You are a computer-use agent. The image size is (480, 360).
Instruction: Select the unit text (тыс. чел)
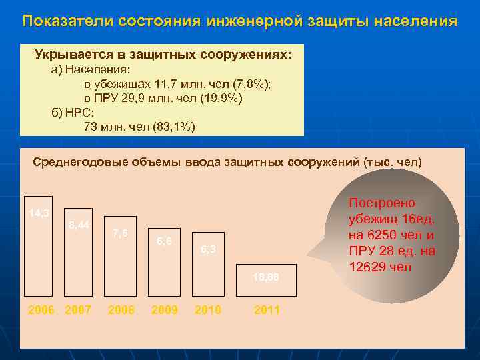pyautogui.click(x=393, y=162)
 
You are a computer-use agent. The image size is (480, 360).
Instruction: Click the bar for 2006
pyautogui.click(x=38, y=247)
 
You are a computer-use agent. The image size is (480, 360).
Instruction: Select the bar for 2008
pyautogui.click(x=120, y=256)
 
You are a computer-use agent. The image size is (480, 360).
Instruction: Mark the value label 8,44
pyautogui.click(x=79, y=225)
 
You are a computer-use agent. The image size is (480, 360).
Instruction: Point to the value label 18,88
pyautogui.click(x=266, y=277)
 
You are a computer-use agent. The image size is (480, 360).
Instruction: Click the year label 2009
pyautogui.click(x=164, y=310)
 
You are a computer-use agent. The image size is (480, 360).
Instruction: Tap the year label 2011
pyautogui.click(x=267, y=310)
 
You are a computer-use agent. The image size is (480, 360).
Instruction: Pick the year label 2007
pyautogui.click(x=79, y=310)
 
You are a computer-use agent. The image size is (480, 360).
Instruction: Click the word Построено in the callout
pyautogui.click(x=382, y=203)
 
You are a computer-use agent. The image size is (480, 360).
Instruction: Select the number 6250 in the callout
pyautogui.click(x=381, y=235)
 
